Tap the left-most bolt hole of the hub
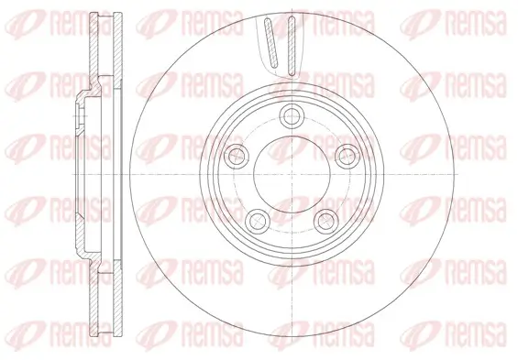(242, 153)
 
